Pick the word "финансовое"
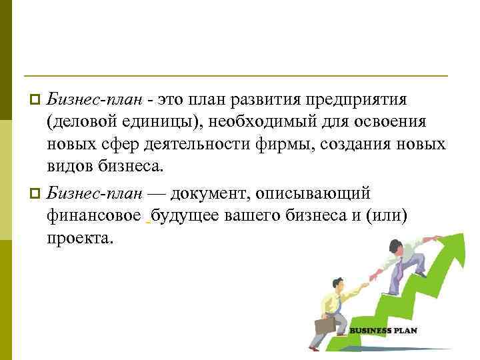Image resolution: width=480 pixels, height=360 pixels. point(93,216)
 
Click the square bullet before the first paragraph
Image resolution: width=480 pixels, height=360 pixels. point(36,100)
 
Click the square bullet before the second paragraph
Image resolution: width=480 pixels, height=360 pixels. point(36,193)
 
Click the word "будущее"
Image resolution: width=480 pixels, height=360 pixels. point(187,216)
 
